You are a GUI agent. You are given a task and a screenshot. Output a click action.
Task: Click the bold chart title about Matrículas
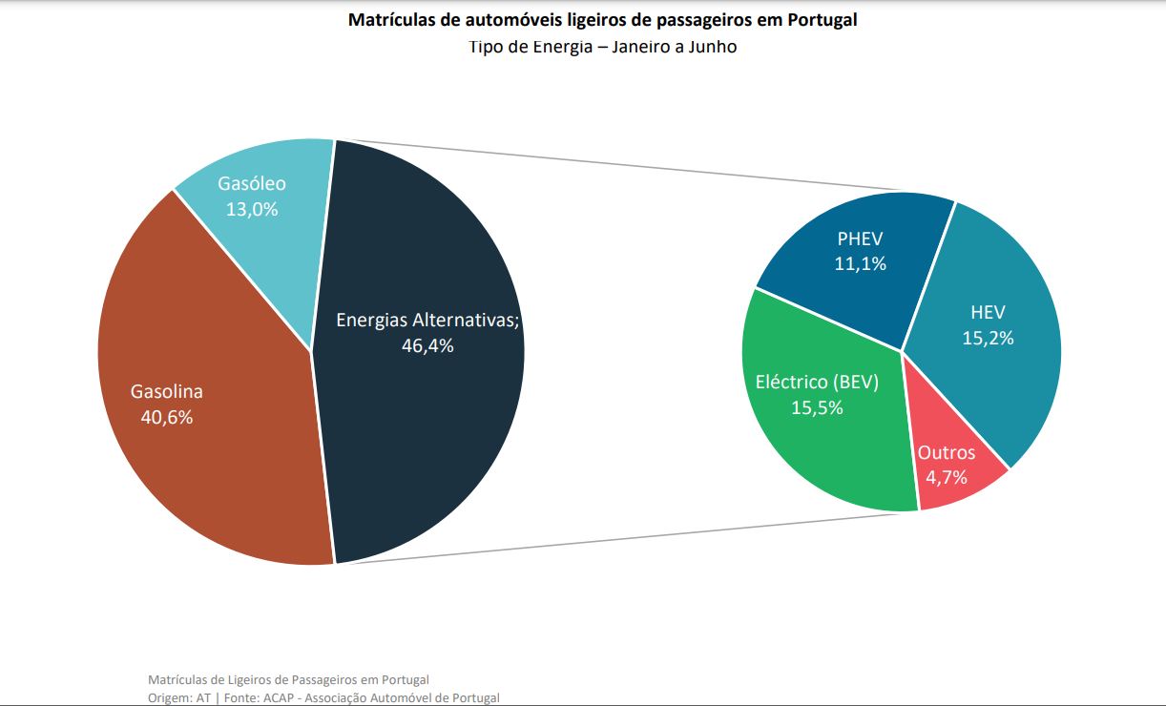(602, 20)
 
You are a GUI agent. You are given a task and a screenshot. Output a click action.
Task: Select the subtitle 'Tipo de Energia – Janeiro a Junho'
(602, 47)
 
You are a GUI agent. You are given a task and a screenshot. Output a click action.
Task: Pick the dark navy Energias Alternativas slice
(429, 429)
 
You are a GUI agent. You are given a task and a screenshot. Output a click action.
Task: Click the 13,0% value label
(252, 209)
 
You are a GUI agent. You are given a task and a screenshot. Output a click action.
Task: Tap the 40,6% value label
(167, 417)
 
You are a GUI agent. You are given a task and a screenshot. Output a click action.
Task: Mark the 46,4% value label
(427, 345)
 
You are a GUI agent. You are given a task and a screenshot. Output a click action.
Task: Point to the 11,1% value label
(860, 263)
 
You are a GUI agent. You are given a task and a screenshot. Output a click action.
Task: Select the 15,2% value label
(988, 338)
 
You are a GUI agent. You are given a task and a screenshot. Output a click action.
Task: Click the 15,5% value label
(817, 407)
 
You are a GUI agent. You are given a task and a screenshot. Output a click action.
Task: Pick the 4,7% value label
(947, 477)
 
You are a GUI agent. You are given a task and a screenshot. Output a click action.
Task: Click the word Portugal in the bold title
(822, 20)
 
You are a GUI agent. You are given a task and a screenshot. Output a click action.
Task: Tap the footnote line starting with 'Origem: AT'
(323, 697)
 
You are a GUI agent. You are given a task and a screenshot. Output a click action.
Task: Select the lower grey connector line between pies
(620, 539)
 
